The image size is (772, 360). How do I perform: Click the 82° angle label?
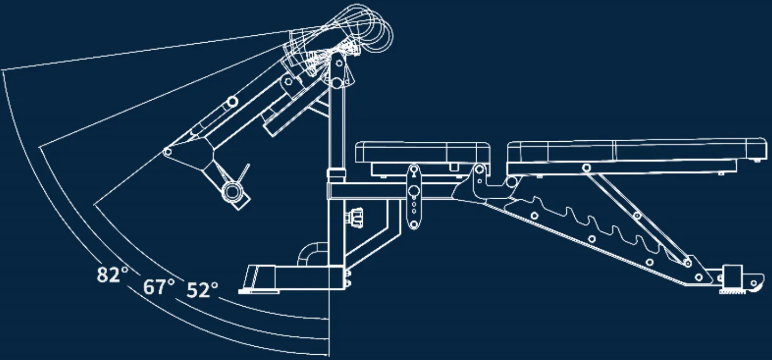coord(112,275)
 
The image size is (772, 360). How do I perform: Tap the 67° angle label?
coord(159,287)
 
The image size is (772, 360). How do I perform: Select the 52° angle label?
coord(202,290)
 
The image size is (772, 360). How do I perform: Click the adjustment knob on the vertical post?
coord(354,218)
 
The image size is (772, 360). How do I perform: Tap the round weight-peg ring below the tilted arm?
coord(233,191)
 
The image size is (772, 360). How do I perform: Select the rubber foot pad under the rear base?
coord(732,292)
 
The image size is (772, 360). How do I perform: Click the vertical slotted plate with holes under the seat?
coord(414,197)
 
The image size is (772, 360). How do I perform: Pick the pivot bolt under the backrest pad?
coord(586,168)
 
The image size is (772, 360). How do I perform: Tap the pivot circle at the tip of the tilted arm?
coord(167,152)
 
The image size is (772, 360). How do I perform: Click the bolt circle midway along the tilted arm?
coord(233,102)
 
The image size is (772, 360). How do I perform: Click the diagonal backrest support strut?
coord(637,218)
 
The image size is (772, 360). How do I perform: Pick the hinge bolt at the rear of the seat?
coord(479,170)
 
